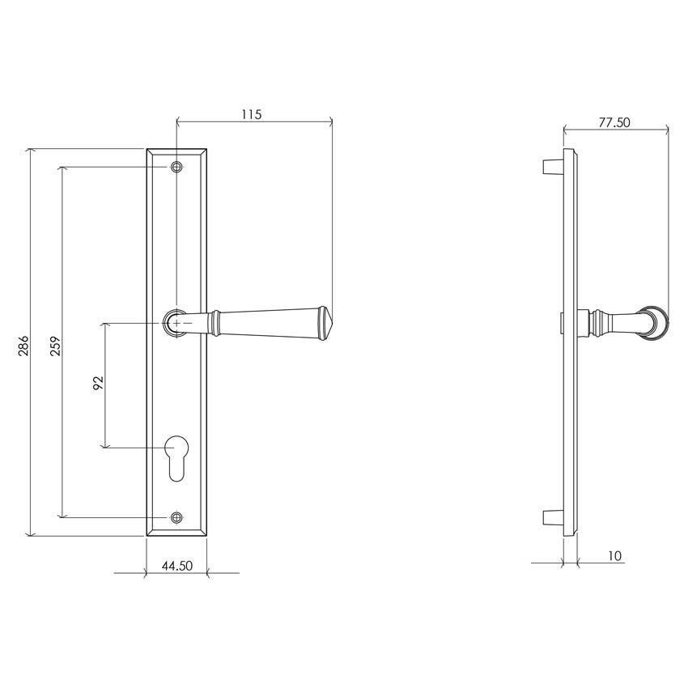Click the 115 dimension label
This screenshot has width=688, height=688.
point(251,114)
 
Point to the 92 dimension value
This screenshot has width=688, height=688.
point(99,383)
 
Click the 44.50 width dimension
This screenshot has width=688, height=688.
point(176,566)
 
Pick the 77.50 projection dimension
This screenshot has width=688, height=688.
point(614,123)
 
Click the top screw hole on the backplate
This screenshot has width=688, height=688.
point(176,168)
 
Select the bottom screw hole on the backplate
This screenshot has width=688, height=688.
point(176,516)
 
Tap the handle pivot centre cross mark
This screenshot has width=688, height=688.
point(177,323)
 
